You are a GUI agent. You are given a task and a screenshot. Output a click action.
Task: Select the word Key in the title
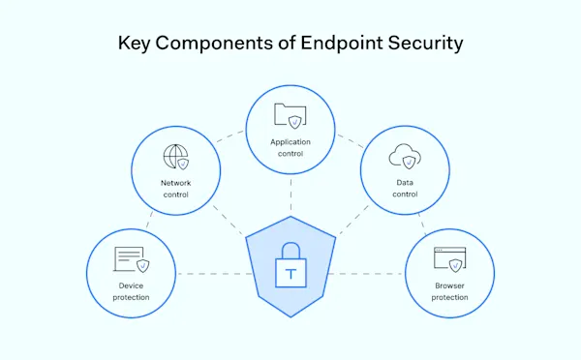[x=134, y=44]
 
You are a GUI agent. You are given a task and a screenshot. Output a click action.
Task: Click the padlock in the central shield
[x=290, y=265]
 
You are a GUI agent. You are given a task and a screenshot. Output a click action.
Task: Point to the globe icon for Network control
[x=176, y=157]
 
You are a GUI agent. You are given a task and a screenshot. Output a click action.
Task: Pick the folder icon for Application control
[x=290, y=115]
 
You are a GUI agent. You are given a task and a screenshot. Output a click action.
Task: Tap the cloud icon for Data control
[x=402, y=156]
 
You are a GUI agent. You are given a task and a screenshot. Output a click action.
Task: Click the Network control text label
[x=175, y=189]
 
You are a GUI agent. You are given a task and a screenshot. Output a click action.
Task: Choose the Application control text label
[x=290, y=147]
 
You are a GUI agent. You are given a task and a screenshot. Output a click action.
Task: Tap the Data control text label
[x=405, y=188]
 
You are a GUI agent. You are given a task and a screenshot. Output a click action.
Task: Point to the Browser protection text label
[x=450, y=291]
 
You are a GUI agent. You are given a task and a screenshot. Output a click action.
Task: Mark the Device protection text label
[x=131, y=291]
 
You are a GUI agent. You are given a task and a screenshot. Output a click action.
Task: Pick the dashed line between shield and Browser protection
[x=370, y=274]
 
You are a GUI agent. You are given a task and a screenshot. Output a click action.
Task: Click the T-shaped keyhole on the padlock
[x=290, y=274]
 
